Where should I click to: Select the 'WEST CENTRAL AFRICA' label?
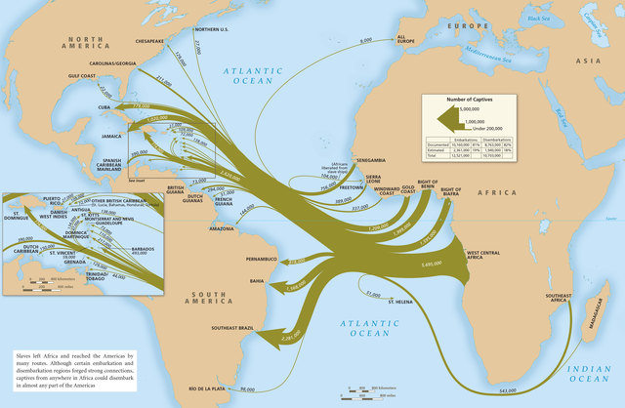[487, 256]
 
